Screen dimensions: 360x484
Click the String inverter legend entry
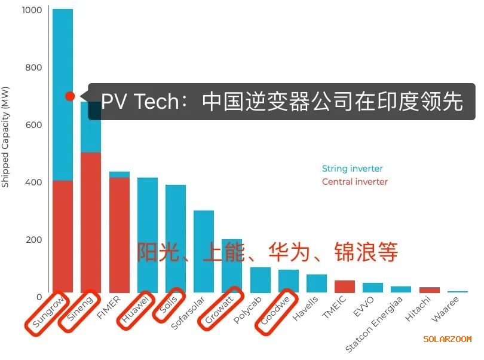(x=352, y=169)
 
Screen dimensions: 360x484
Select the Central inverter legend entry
(x=354, y=182)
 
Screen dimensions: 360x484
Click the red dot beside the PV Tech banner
(x=70, y=96)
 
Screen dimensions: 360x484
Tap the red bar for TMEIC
(x=344, y=286)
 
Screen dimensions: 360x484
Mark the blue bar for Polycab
(x=261, y=280)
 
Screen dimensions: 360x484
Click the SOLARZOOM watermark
(x=447, y=339)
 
